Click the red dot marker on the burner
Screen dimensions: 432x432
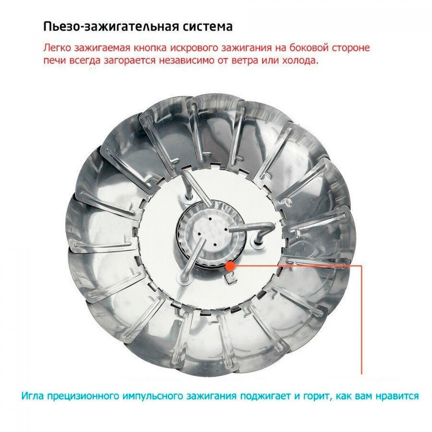(x=230, y=265)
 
